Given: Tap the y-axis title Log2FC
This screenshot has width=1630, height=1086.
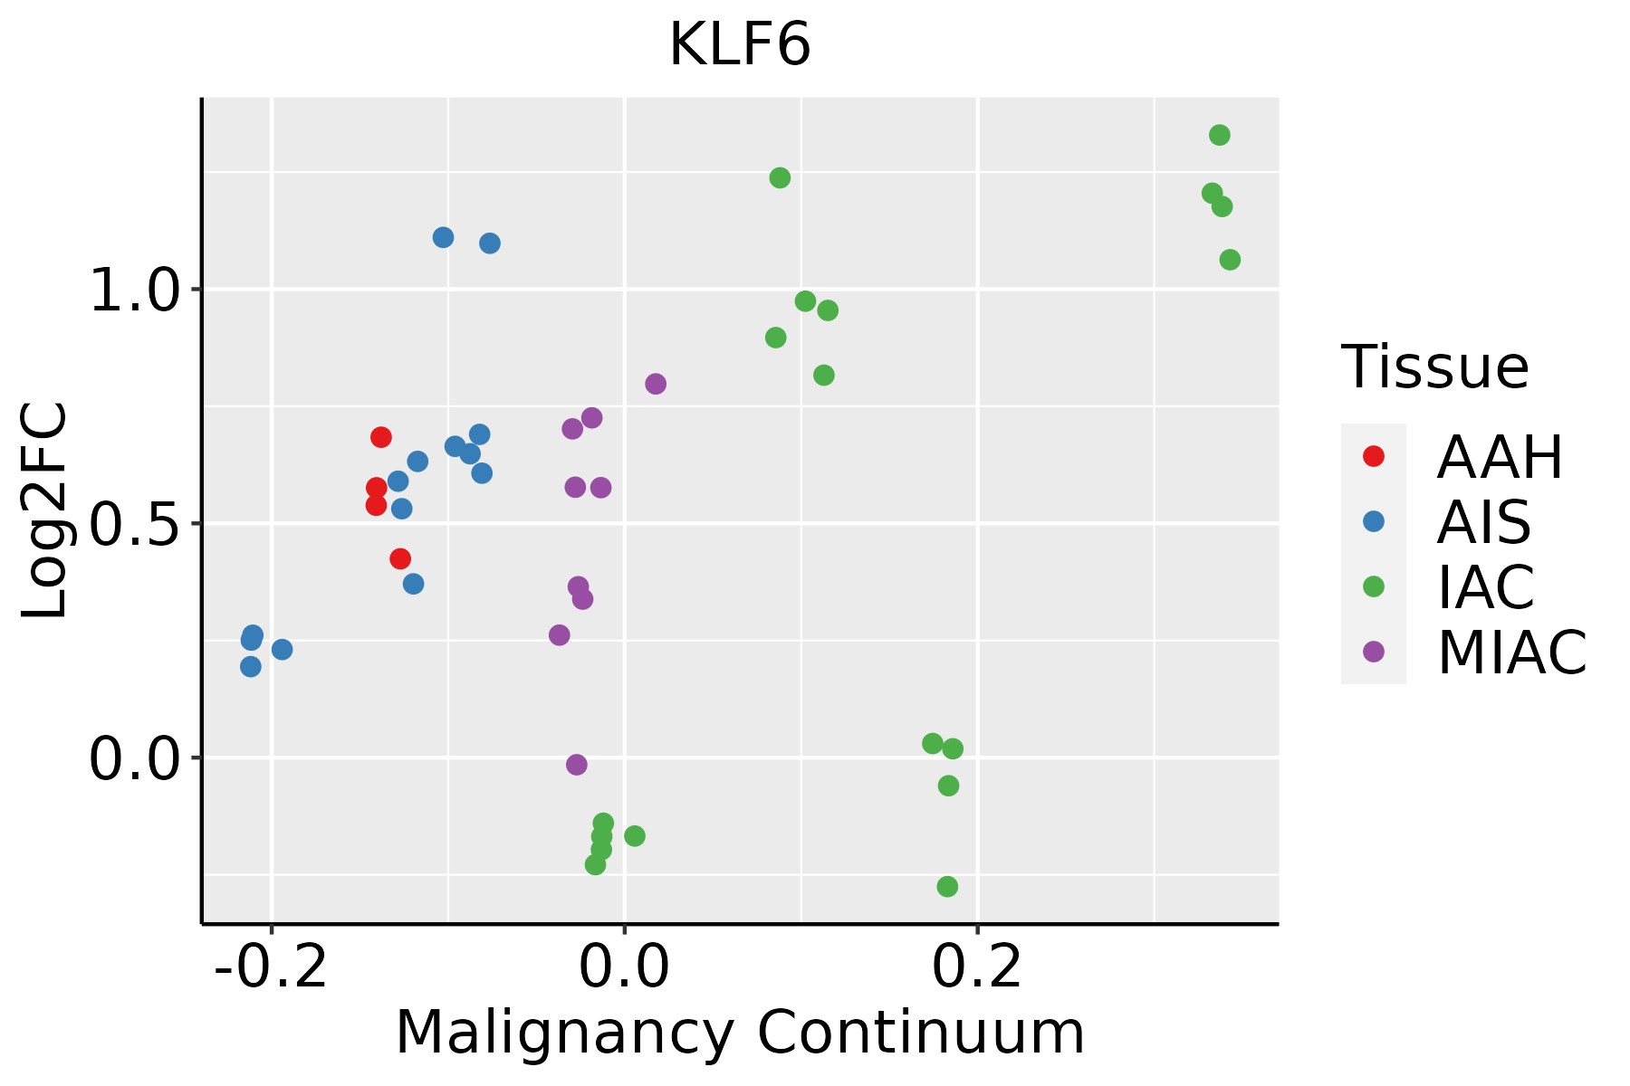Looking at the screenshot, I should click(45, 510).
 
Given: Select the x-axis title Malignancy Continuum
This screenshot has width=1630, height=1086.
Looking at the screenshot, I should click(739, 1033).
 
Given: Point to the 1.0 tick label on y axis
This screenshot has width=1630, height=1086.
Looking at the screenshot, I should click(136, 291).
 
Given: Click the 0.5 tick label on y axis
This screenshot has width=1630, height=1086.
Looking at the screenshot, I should click(136, 524).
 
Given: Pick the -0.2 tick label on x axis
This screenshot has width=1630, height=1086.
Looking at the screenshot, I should click(270, 967).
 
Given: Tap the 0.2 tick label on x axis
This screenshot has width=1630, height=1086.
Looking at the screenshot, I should click(977, 967).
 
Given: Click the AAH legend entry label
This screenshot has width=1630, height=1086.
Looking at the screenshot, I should click(1500, 457).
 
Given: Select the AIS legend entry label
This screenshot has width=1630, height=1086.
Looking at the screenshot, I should click(1483, 522).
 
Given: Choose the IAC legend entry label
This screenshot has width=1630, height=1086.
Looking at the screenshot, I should click(1485, 586).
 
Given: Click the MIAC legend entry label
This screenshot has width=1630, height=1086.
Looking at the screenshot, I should click(1511, 652).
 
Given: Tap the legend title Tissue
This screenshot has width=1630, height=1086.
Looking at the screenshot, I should click(1435, 367).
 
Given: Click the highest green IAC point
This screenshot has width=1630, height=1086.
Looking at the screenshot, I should click(1220, 136).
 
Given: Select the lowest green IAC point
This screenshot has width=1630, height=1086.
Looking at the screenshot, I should click(947, 886).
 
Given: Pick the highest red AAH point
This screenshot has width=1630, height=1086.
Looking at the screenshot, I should click(381, 437).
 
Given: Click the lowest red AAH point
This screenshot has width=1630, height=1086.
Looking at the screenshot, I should click(400, 558).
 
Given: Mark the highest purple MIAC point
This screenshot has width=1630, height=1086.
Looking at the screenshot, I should click(656, 384).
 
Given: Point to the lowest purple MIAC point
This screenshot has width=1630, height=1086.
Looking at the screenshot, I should click(577, 765).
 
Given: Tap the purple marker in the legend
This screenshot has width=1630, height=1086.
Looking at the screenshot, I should click(1374, 652).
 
